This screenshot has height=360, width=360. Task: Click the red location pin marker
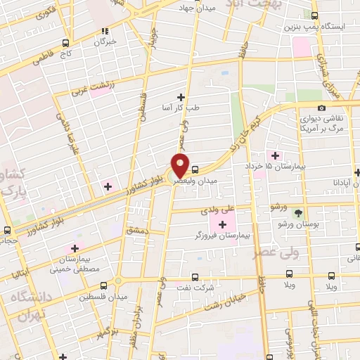[180, 166]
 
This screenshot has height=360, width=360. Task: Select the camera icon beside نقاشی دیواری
[321, 108]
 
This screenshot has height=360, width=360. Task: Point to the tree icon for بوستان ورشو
[299, 212]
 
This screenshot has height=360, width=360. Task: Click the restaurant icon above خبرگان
[106, 31]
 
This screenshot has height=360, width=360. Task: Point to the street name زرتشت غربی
[90, 91]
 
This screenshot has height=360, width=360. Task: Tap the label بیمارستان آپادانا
[332, 181]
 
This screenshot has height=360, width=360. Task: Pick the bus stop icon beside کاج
[65, 42]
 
